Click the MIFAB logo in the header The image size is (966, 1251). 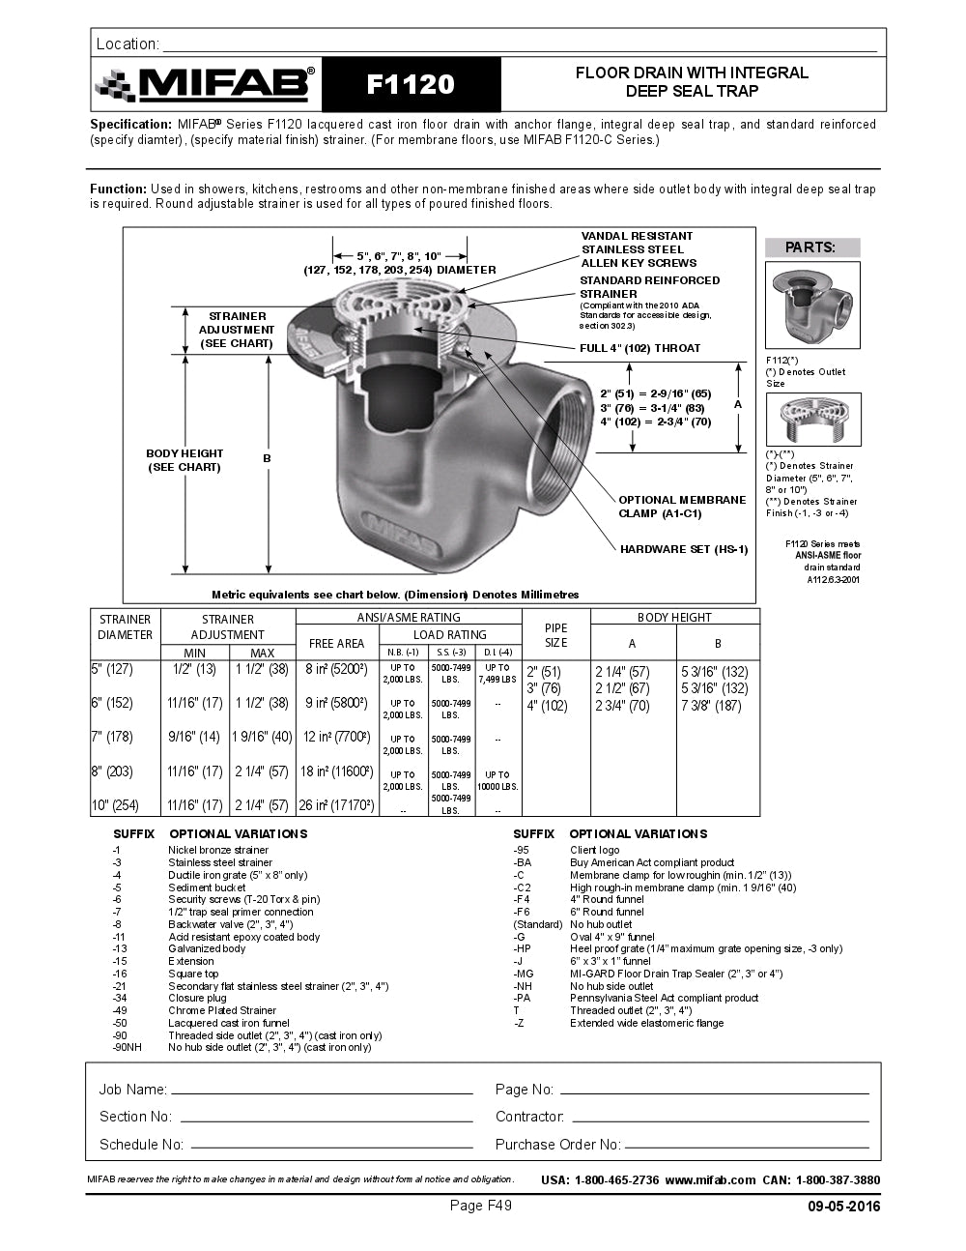(x=205, y=85)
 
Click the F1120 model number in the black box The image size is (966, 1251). (x=411, y=84)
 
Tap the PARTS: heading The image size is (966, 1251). (x=810, y=247)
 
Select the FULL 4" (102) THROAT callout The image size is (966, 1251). (x=639, y=348)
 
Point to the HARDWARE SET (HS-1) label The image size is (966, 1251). (x=683, y=549)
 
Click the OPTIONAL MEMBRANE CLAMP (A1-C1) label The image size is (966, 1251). (x=682, y=507)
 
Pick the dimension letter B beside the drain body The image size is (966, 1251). (x=268, y=458)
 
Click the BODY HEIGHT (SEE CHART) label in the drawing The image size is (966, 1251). (x=185, y=460)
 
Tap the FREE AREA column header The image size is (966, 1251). (x=336, y=643)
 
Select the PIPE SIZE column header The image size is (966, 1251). (x=556, y=635)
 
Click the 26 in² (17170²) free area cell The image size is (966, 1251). (x=336, y=804)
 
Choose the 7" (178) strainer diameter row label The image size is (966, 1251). (x=112, y=737)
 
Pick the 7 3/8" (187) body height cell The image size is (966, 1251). (x=717, y=706)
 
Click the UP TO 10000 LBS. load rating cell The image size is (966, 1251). (x=497, y=780)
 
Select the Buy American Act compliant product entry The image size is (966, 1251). (x=651, y=862)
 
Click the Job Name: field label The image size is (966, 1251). (x=132, y=1090)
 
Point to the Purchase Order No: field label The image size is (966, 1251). (x=557, y=1145)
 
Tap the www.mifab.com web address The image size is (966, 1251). (x=710, y=1179)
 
